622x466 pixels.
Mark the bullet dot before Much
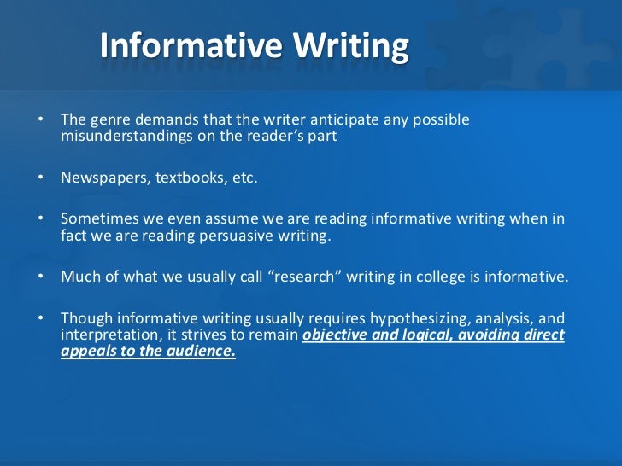click(x=40, y=276)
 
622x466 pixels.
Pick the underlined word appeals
click(x=87, y=351)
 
